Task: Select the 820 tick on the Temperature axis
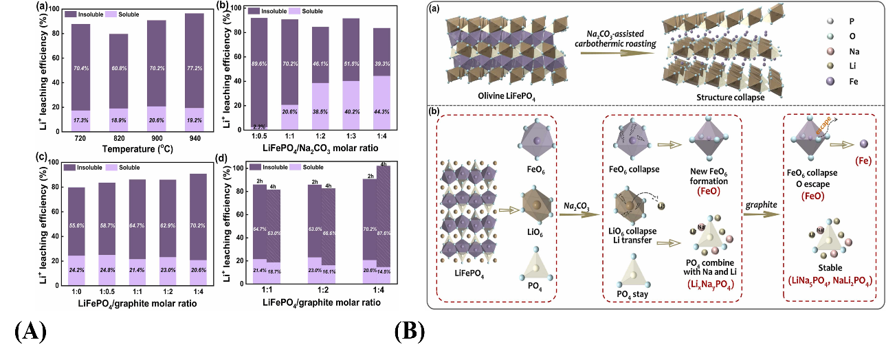tap(119, 137)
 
